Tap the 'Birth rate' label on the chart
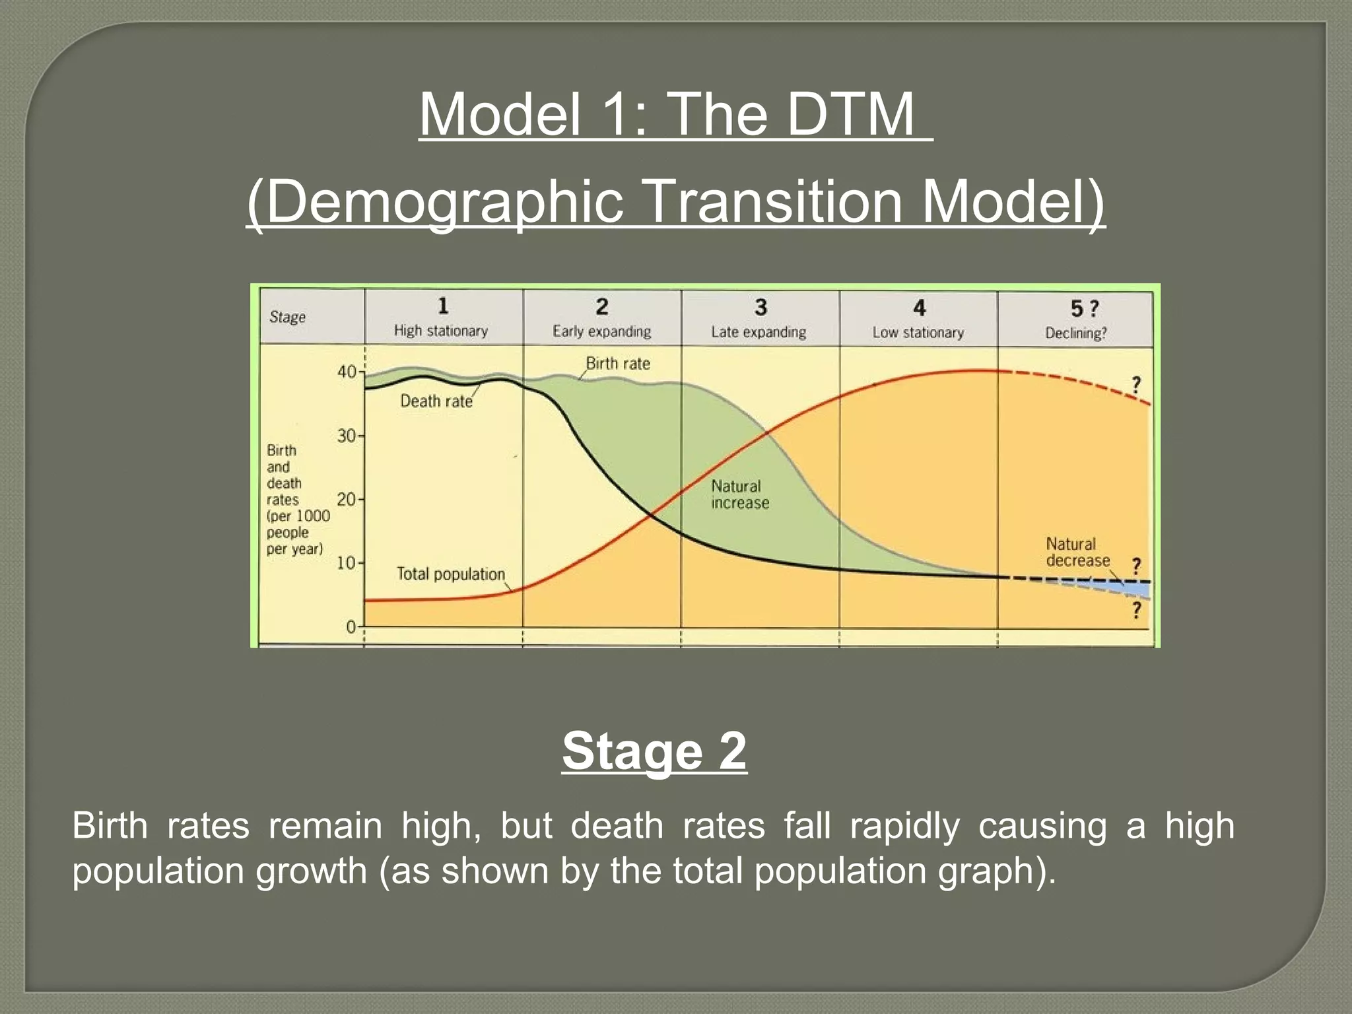(x=618, y=363)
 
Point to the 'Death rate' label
(x=436, y=401)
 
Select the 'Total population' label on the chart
(x=450, y=574)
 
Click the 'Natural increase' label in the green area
(x=739, y=494)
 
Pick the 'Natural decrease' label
(x=1077, y=552)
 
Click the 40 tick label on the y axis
(x=347, y=372)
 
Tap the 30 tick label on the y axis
(x=347, y=436)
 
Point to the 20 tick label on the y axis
(x=347, y=499)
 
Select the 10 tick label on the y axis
(x=347, y=563)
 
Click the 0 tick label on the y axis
(x=351, y=626)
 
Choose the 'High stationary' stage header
(x=441, y=330)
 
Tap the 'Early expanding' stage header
(x=601, y=331)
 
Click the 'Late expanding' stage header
(x=759, y=331)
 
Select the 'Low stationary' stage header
(x=918, y=332)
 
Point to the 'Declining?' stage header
(x=1075, y=333)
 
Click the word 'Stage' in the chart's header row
(x=287, y=317)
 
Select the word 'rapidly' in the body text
(x=905, y=826)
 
